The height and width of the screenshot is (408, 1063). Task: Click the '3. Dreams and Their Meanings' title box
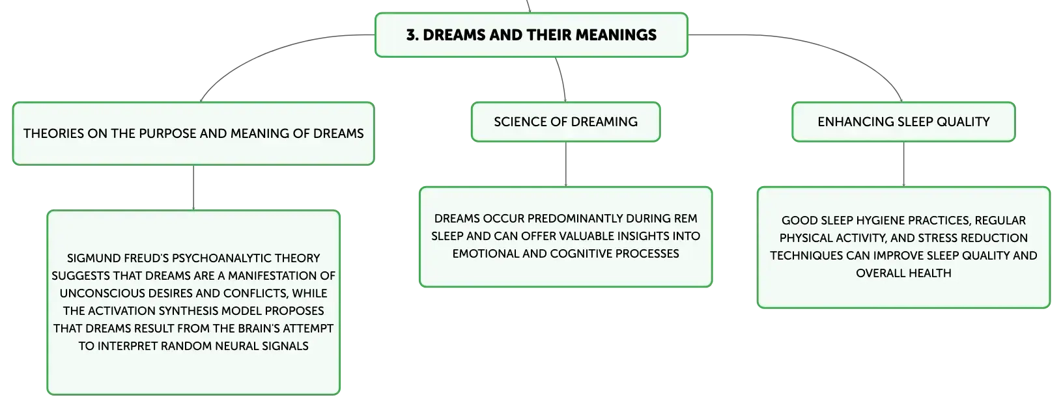pos(531,35)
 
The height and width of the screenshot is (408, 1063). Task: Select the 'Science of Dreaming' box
pos(565,122)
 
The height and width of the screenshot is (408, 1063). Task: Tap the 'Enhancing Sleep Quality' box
pos(903,122)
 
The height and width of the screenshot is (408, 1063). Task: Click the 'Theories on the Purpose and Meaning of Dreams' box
pos(193,133)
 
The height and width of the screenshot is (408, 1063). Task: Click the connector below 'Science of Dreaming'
pos(565,164)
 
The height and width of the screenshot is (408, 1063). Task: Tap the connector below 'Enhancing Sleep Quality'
pos(903,164)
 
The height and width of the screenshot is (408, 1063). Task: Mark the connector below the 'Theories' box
pos(193,187)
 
